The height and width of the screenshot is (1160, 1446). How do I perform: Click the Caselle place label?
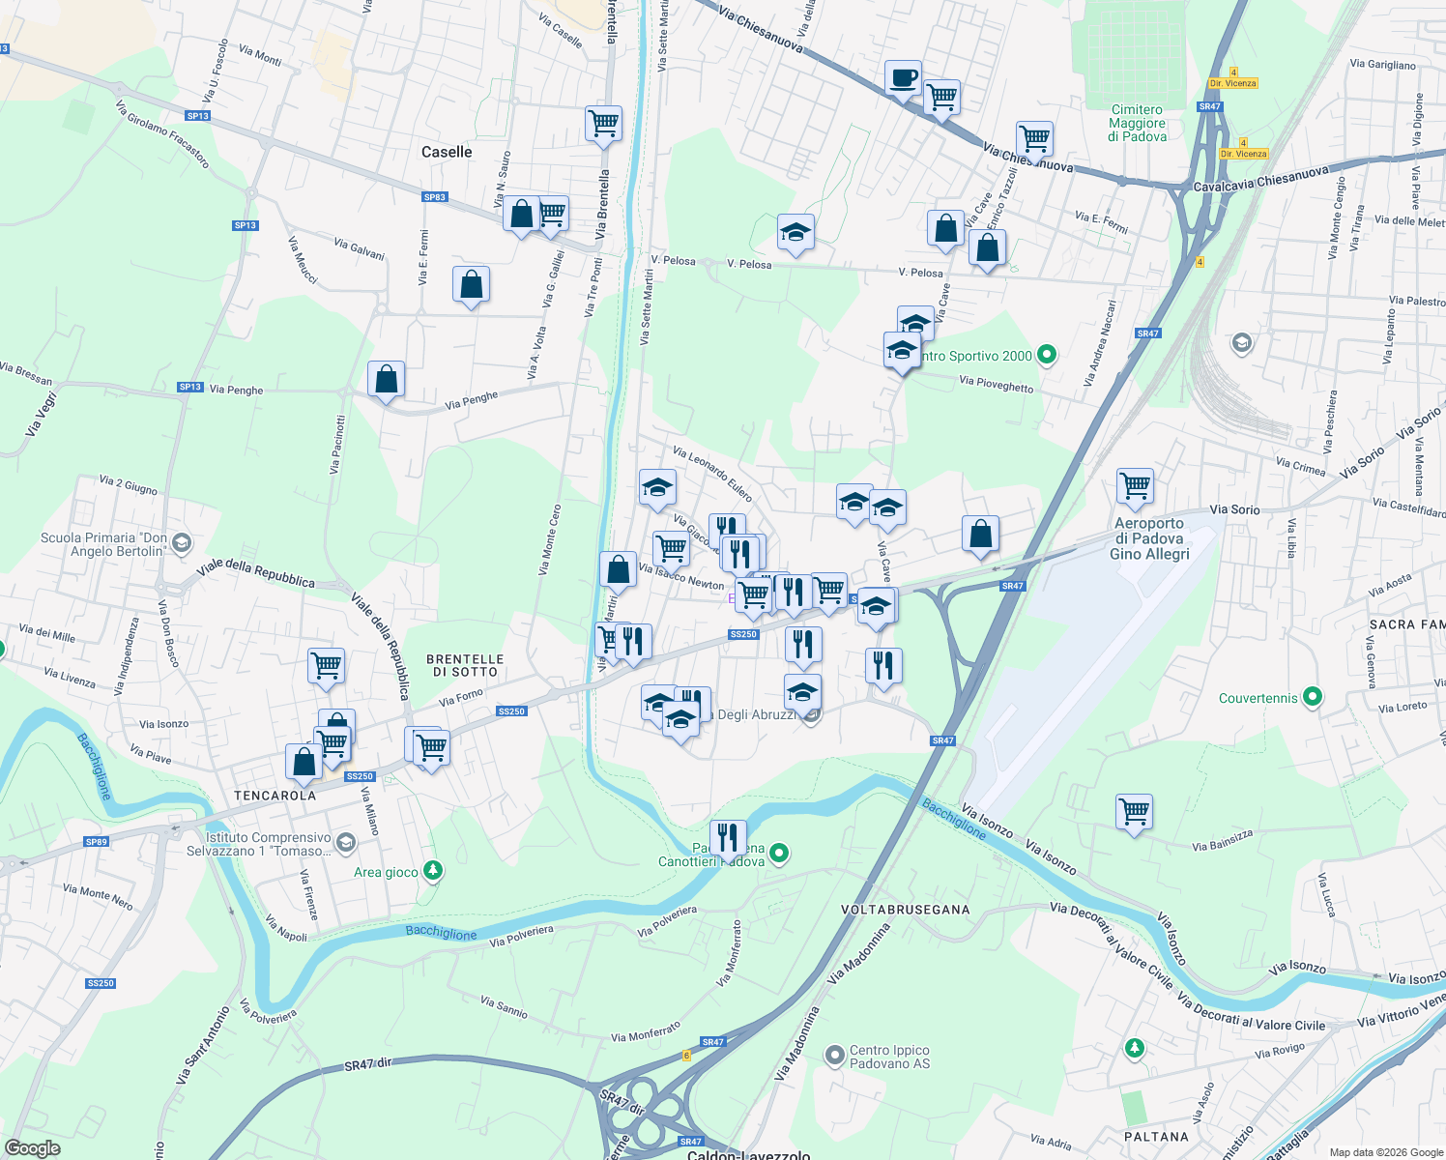pyautogui.click(x=447, y=152)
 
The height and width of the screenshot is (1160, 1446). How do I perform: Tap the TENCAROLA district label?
pyautogui.click(x=275, y=796)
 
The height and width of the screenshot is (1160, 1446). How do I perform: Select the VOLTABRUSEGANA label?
pyautogui.click(x=905, y=910)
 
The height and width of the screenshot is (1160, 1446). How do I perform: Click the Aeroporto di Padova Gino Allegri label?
pyautogui.click(x=1148, y=538)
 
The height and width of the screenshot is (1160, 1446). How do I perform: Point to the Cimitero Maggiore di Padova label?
pyautogui.click(x=1137, y=124)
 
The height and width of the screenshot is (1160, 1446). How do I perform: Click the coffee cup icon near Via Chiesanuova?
pyautogui.click(x=903, y=78)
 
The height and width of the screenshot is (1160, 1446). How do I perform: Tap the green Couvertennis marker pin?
pyautogui.click(x=1312, y=696)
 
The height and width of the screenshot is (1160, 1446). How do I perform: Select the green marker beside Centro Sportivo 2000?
pyautogui.click(x=1046, y=355)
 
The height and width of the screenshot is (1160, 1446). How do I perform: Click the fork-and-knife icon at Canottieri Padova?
pyautogui.click(x=727, y=837)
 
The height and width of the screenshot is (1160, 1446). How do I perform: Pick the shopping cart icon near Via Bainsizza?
pyautogui.click(x=1134, y=812)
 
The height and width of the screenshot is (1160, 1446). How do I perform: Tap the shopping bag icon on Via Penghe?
pyautogui.click(x=386, y=380)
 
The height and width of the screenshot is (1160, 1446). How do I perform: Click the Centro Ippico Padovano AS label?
pyautogui.click(x=889, y=1057)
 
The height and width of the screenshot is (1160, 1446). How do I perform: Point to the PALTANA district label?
pyautogui.click(x=1156, y=1137)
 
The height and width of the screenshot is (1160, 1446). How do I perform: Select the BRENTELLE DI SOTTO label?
pyautogui.click(x=465, y=665)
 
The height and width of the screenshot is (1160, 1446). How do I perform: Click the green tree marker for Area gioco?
pyautogui.click(x=433, y=871)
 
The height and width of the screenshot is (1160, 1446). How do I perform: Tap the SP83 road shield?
pyautogui.click(x=435, y=197)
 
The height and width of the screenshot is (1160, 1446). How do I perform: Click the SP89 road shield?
pyautogui.click(x=96, y=842)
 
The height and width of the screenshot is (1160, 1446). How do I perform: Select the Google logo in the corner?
pyautogui.click(x=32, y=1148)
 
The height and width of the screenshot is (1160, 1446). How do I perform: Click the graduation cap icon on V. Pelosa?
pyautogui.click(x=795, y=233)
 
